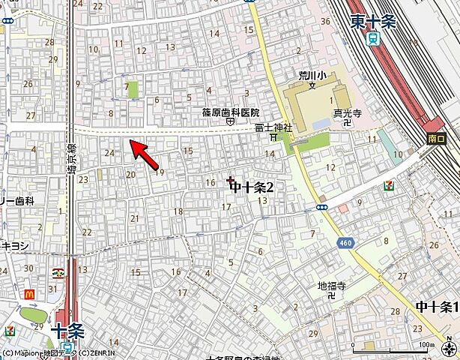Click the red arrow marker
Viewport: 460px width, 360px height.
click(x=145, y=153)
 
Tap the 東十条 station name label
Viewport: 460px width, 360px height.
click(x=372, y=22)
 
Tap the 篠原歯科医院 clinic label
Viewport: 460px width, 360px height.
click(x=230, y=112)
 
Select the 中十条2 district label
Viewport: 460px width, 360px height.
click(x=252, y=187)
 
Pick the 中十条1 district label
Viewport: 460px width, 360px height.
click(x=437, y=307)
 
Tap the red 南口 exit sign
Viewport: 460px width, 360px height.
click(x=437, y=139)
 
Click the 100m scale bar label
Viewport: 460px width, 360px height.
click(x=426, y=344)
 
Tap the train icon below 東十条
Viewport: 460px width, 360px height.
click(x=372, y=41)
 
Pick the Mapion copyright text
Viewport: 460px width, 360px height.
click(x=58, y=353)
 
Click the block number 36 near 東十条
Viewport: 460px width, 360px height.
click(x=325, y=21)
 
